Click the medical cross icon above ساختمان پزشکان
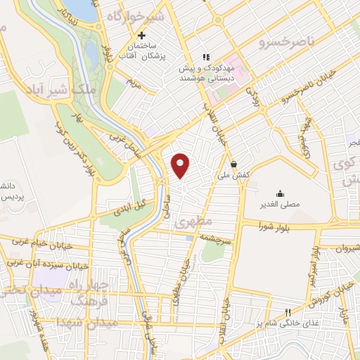coord(141,35)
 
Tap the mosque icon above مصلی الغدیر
coord(281,193)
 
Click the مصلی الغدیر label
coord(281,205)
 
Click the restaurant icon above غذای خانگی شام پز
coord(287,314)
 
